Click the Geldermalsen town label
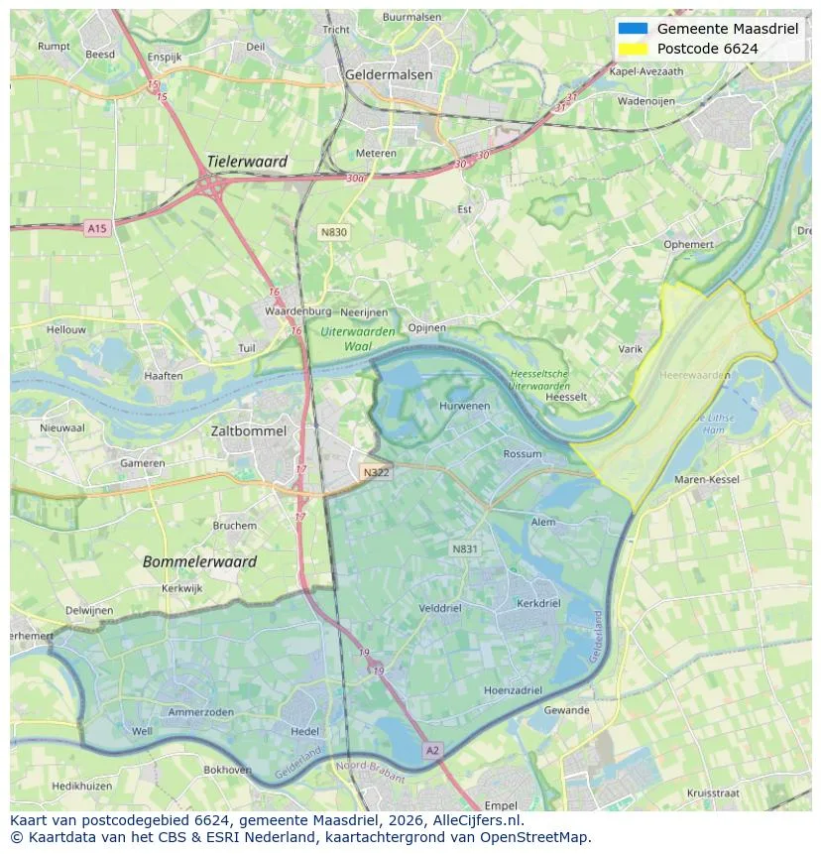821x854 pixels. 389,74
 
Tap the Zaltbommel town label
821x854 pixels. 248,431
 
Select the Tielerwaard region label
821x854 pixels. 247,162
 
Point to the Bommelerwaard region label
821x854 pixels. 199,561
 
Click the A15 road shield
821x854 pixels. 96,228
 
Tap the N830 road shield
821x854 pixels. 333,232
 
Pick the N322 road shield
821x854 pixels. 376,472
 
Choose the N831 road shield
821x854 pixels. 464,549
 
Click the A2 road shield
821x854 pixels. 431,751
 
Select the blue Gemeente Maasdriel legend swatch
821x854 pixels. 632,29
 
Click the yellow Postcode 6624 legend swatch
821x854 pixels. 632,49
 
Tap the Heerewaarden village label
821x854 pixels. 694,375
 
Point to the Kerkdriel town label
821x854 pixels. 538,603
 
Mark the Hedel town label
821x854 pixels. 304,731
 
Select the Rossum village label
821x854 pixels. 523,454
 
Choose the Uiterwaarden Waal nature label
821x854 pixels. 358,339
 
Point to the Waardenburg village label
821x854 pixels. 297,311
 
